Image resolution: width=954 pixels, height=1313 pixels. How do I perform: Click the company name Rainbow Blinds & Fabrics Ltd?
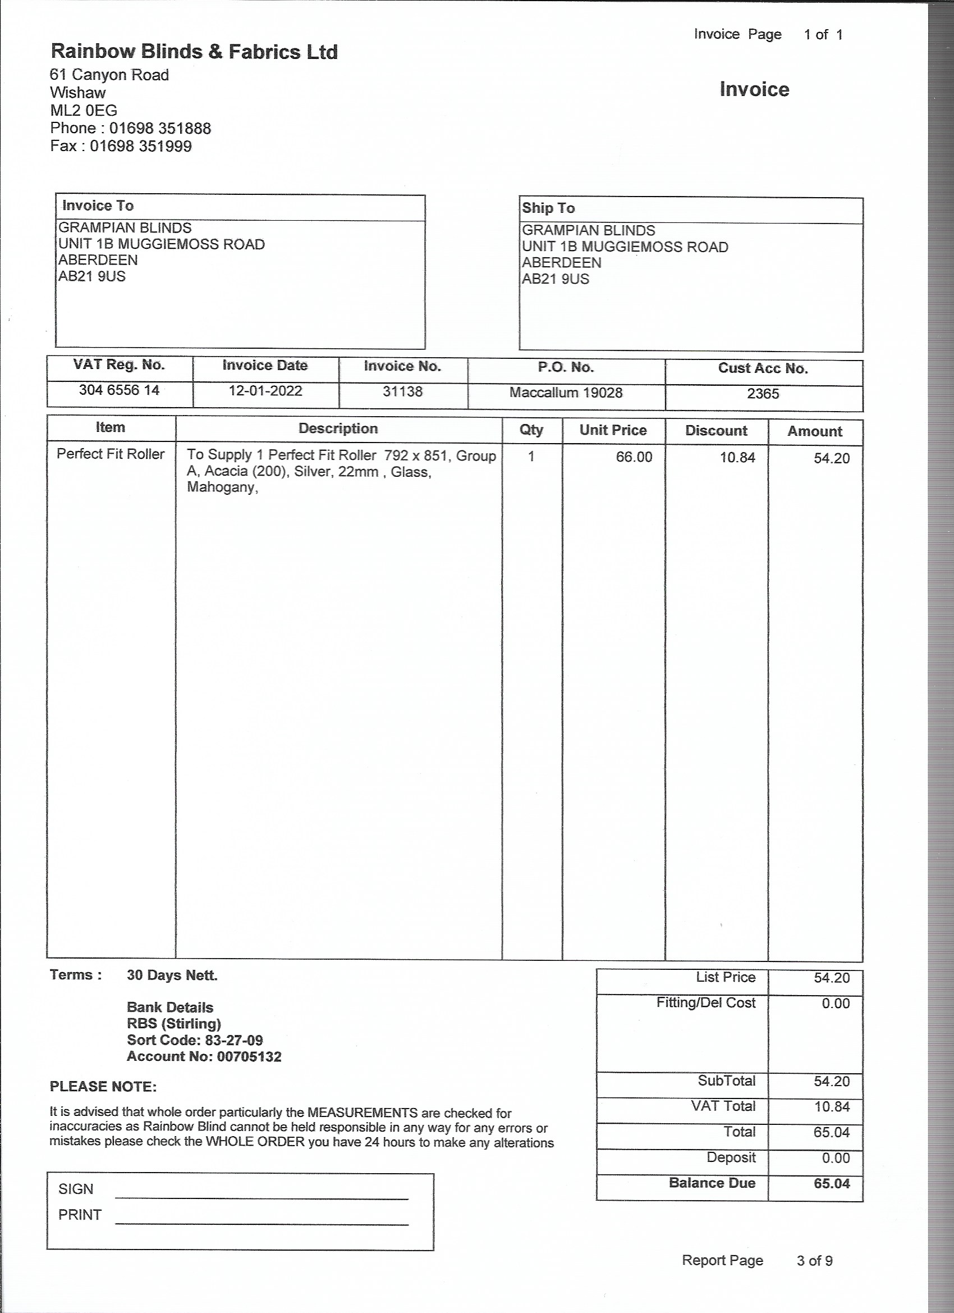194,52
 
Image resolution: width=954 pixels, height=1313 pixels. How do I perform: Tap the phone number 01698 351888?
160,128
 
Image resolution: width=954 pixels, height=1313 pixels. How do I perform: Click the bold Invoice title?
754,89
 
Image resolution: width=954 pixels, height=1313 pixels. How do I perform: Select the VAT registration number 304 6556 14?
119,390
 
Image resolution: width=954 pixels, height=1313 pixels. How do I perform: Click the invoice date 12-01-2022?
265,391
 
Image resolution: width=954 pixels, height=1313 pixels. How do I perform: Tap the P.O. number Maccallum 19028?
565,393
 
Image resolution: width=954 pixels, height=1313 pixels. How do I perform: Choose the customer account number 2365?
763,394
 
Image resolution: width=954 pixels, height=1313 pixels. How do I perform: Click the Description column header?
338,428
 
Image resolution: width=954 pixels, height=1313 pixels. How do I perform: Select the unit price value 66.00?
634,457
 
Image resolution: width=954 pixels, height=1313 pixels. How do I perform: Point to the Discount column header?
715,431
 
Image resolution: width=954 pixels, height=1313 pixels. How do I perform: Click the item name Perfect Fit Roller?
111,454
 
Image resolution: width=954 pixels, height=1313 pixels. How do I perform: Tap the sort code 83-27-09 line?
194,1040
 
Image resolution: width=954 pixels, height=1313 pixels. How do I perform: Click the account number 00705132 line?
204,1056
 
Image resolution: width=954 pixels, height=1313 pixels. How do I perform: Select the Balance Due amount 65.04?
831,1183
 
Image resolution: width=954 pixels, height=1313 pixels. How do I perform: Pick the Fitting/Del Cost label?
705,1002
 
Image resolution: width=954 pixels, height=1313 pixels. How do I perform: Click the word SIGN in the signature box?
76,1189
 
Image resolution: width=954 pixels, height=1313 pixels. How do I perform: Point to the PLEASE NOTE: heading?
103,1087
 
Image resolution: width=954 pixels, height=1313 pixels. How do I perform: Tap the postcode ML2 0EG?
83,111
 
